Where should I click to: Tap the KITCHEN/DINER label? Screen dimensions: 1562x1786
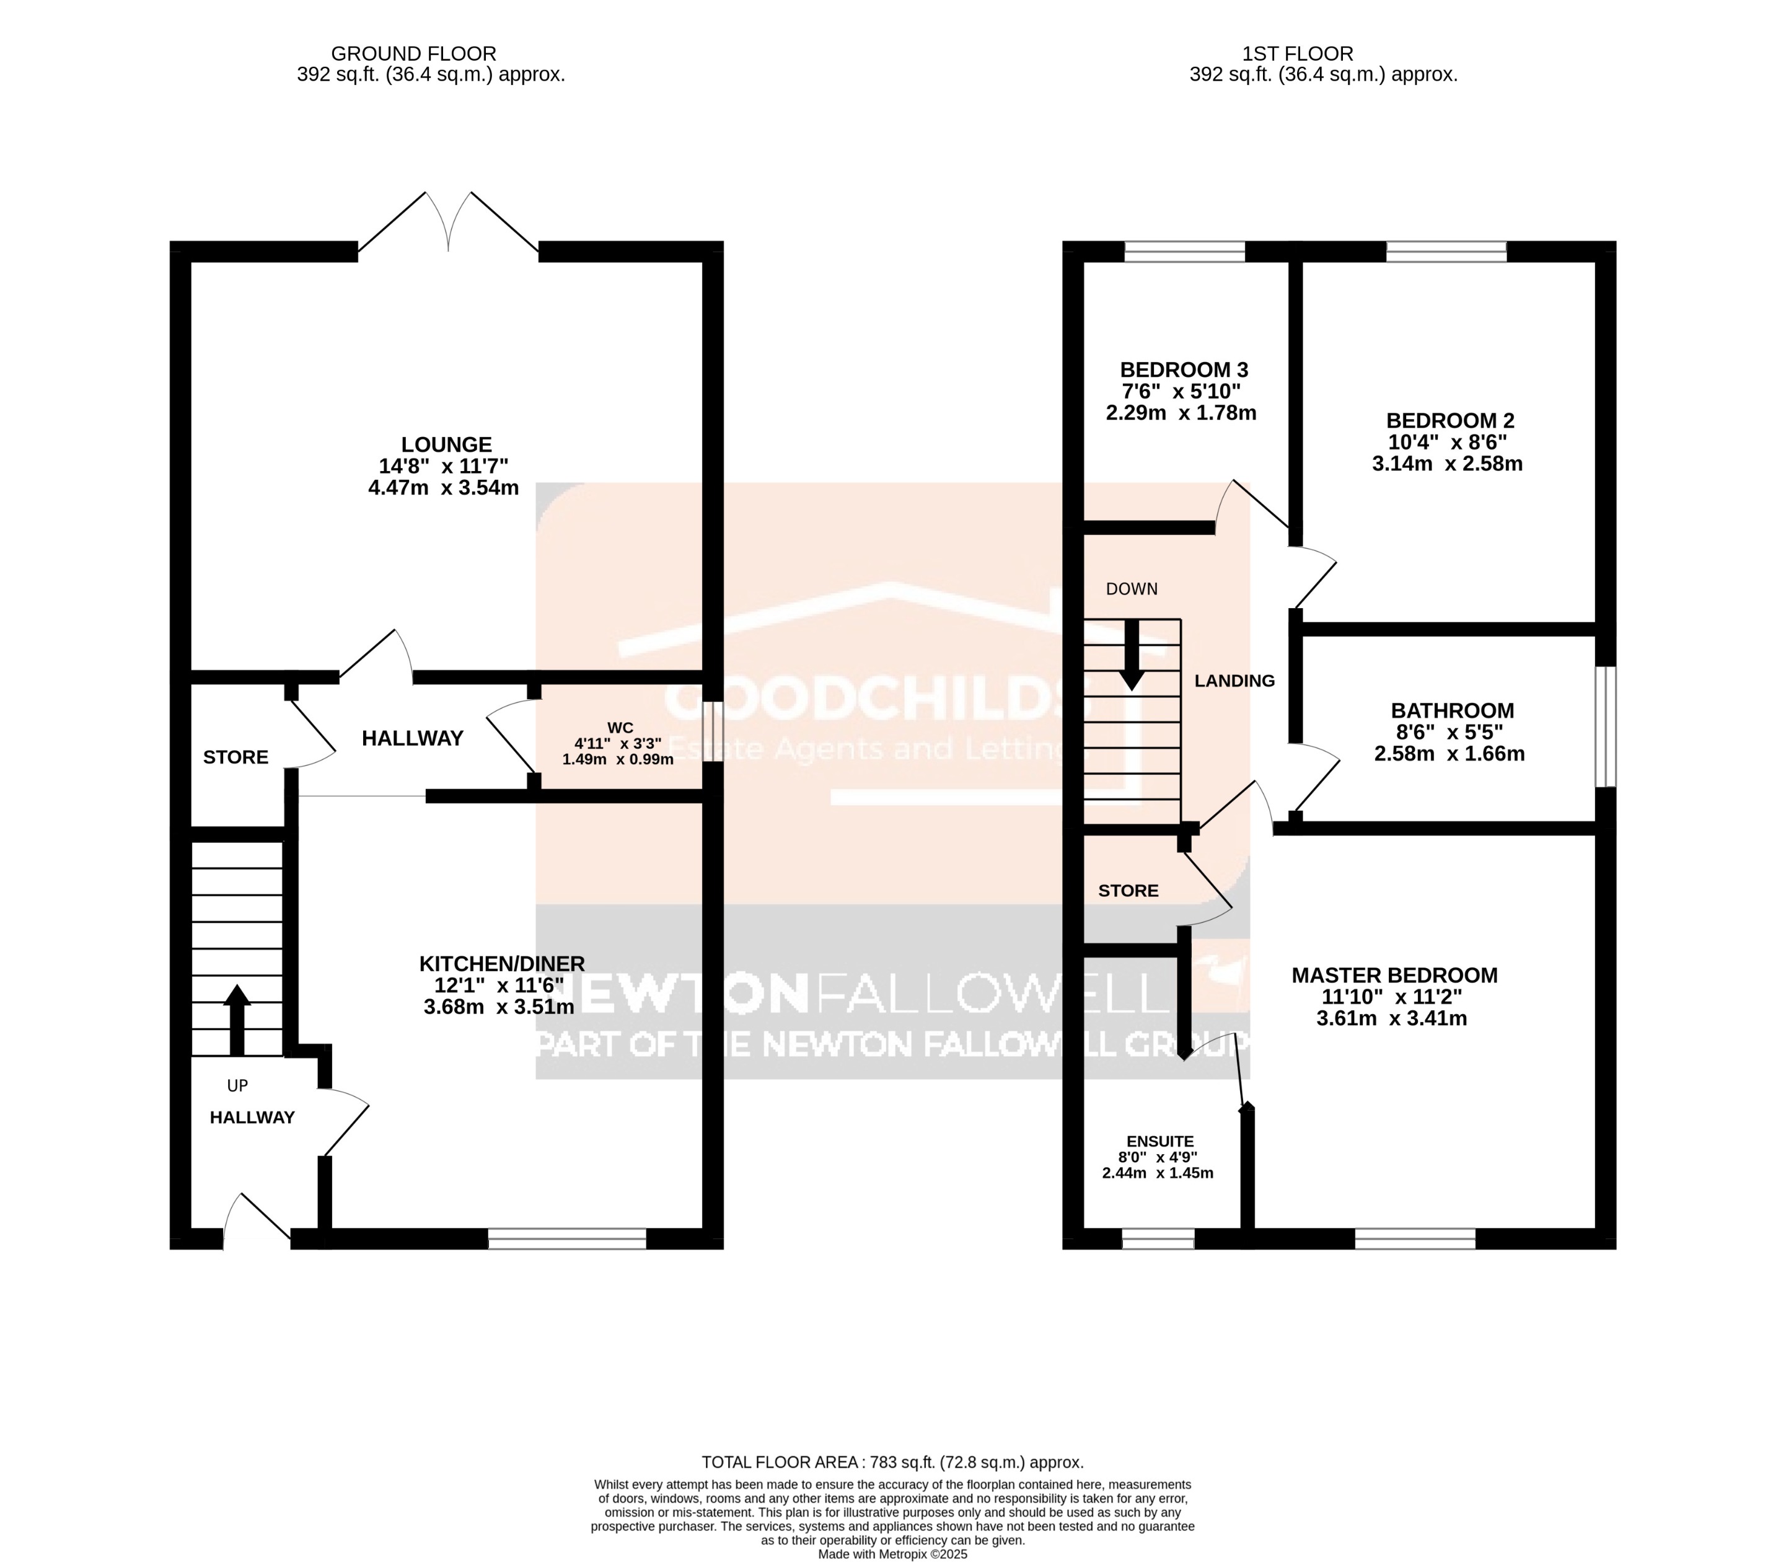(x=501, y=963)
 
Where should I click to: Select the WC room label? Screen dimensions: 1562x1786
(x=620, y=728)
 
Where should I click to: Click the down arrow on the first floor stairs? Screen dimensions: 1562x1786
(x=1132, y=655)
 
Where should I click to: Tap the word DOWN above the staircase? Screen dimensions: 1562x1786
(x=1132, y=589)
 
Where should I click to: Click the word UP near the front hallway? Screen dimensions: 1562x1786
(x=237, y=1085)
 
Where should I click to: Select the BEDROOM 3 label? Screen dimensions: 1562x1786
(x=1184, y=369)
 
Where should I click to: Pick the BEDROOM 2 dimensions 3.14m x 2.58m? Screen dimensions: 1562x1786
(x=1447, y=464)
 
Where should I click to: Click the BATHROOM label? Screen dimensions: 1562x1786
(x=1452, y=710)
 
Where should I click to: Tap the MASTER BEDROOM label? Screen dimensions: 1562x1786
(x=1394, y=976)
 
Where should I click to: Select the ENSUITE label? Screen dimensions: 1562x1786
(x=1159, y=1141)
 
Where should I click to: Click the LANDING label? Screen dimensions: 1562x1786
(x=1234, y=681)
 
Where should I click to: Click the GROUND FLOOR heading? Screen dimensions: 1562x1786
(x=414, y=54)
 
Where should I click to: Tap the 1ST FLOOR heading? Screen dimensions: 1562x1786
(x=1297, y=54)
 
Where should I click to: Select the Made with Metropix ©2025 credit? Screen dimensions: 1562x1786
(x=892, y=1553)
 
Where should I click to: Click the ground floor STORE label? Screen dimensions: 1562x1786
(x=235, y=757)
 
